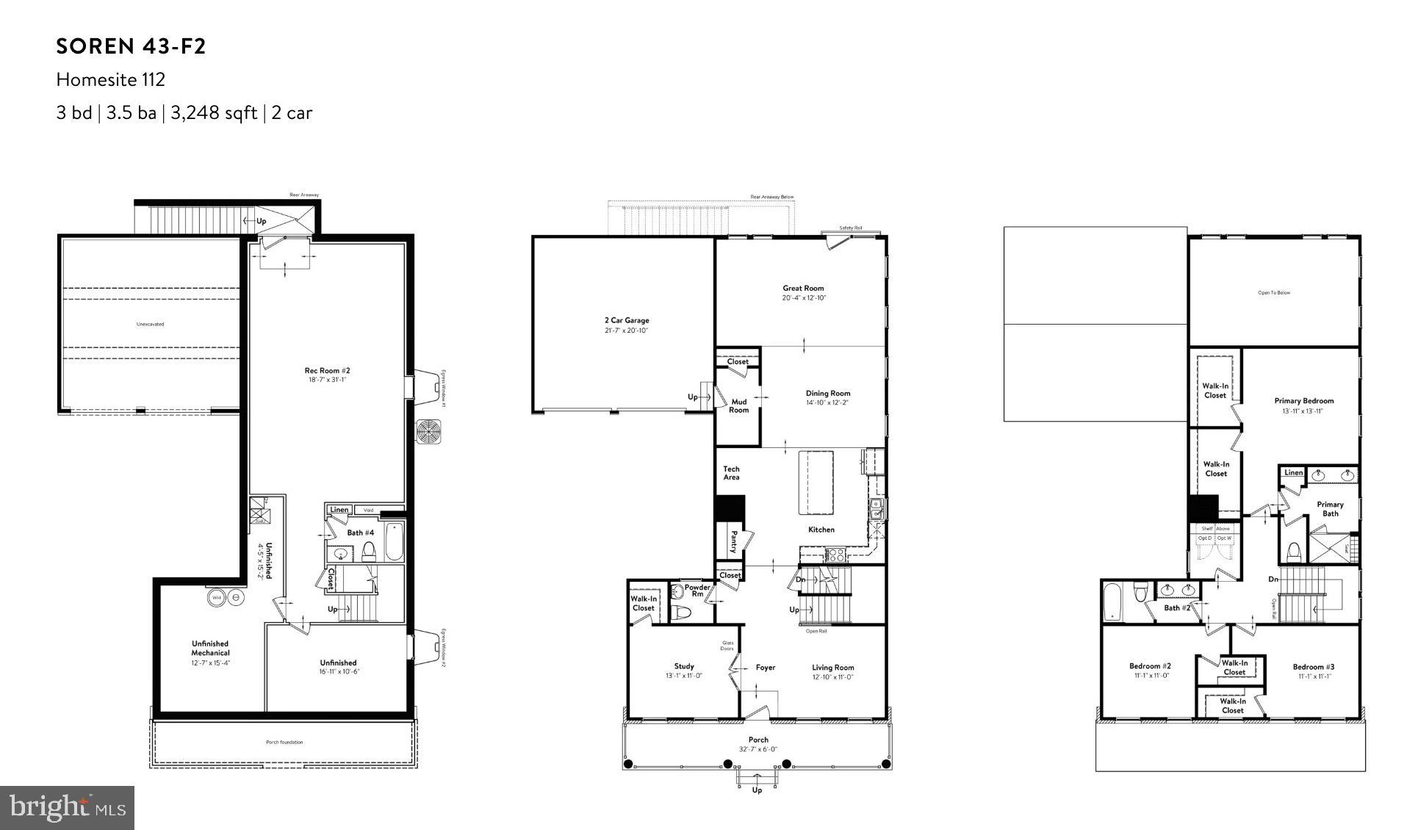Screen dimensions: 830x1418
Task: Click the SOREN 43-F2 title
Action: click(x=131, y=47)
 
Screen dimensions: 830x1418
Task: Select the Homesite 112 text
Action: click(x=111, y=79)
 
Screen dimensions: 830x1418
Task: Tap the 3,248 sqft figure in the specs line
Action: click(x=214, y=113)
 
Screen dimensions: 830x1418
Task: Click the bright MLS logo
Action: click(x=67, y=808)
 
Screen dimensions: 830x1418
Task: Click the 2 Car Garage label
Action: click(x=627, y=320)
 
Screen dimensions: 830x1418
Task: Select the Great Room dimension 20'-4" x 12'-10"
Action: click(x=803, y=298)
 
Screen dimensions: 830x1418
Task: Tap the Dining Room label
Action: click(x=828, y=393)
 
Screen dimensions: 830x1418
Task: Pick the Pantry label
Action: click(x=733, y=542)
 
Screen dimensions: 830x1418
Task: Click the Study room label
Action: click(x=684, y=666)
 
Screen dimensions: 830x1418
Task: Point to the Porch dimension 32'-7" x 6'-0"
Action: click(x=758, y=750)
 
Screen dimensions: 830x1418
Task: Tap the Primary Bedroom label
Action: click(x=1303, y=401)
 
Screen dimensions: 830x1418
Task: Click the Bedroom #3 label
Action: click(x=1314, y=667)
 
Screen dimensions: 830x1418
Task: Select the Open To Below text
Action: click(x=1274, y=293)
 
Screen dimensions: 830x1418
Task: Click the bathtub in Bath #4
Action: click(x=394, y=541)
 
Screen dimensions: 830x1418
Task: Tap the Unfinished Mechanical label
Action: click(x=210, y=648)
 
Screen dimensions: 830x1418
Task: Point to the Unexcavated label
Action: click(x=151, y=324)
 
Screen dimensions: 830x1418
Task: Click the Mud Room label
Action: click(x=738, y=405)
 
